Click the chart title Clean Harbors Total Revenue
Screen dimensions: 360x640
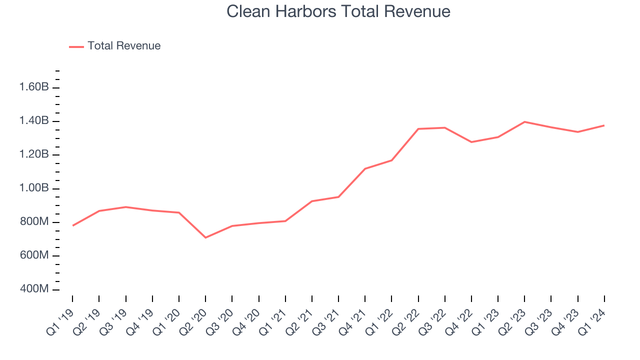[x=338, y=11]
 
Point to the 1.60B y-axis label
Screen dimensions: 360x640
[x=33, y=87]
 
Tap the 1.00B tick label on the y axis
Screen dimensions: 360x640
[x=33, y=188]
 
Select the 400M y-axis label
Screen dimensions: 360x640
[x=33, y=289]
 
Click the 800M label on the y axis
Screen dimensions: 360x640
[x=33, y=222]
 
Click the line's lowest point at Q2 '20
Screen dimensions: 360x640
[x=205, y=237]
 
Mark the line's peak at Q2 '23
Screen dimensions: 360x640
[x=524, y=121]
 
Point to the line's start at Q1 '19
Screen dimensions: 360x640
[x=73, y=225]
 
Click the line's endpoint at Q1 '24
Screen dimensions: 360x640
[x=604, y=125]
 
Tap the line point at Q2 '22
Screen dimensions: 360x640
[x=418, y=129]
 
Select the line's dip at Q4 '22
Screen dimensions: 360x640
[x=471, y=142]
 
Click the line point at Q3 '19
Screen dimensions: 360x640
[x=126, y=207]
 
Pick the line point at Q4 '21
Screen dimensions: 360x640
[x=365, y=168]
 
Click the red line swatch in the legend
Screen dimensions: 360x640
[x=76, y=46]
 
